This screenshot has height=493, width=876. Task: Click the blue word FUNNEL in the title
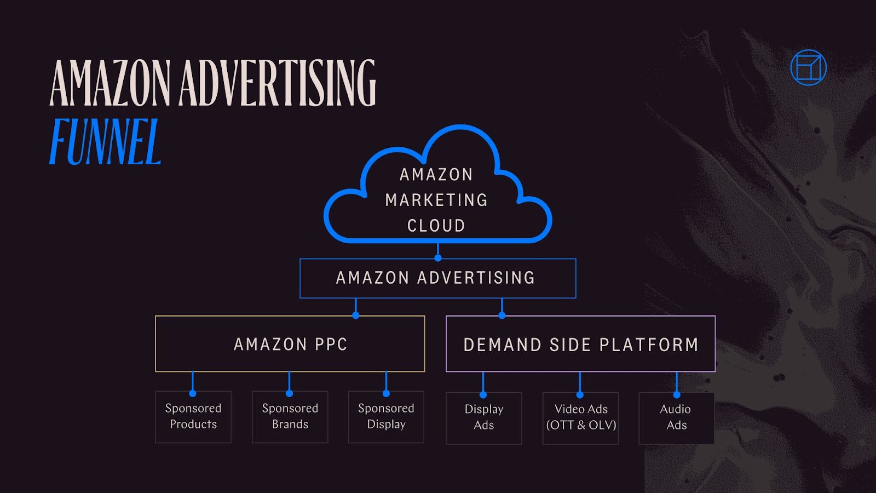coord(105,142)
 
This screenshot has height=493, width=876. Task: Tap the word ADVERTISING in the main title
coord(277,83)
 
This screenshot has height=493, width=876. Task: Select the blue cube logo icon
coord(808,68)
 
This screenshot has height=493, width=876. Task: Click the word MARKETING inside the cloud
coord(436,200)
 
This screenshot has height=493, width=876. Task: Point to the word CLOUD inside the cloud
coord(436,226)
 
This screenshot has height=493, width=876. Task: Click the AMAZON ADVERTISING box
coord(437,278)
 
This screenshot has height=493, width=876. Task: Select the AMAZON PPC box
coord(290,344)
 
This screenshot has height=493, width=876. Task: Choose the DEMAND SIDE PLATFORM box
coord(580,344)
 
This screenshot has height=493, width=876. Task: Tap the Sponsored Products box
coord(193,417)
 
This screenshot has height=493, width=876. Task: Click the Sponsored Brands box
coord(290,417)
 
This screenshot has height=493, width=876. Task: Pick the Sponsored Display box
coord(386,417)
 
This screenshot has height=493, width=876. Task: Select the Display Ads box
coord(483,418)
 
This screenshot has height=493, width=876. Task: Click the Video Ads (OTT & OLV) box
coord(580,418)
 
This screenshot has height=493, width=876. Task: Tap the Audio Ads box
coord(676,418)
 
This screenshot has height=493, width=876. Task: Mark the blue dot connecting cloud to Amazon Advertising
coord(437,257)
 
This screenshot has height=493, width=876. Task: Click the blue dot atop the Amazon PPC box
coord(356,316)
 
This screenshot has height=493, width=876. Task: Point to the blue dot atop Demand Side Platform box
coord(502,316)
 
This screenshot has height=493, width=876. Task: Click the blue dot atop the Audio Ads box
coord(677,394)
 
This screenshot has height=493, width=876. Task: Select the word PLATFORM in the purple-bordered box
coord(649,345)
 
